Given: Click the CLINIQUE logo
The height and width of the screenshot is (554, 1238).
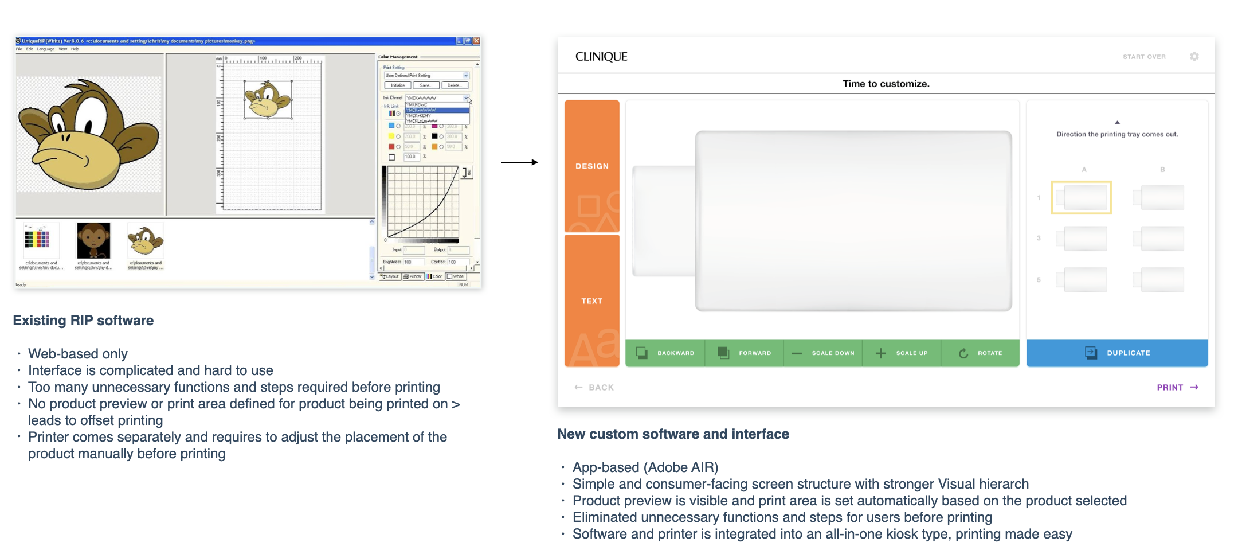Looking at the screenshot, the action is pos(601,57).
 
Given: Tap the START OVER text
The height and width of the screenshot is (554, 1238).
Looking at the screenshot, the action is pos(1144,57).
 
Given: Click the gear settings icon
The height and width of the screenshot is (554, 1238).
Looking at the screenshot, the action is pos(1194,56).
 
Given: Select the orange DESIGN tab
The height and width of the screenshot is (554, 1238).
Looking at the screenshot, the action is pos(592,166).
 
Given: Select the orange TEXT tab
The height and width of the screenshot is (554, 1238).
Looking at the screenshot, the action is pos(592,301).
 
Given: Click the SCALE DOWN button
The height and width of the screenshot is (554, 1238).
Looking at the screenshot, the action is pos(823,353).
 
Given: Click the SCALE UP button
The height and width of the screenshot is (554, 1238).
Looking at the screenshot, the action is pos(902,353).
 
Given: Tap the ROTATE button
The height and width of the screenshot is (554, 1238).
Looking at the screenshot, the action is pos(981,353).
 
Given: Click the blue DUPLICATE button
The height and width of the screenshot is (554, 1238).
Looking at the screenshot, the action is pos(1117,353).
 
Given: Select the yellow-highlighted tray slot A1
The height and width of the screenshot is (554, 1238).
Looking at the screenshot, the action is pos(1081,198).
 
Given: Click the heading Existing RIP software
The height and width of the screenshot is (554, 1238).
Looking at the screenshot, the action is pos(83,321).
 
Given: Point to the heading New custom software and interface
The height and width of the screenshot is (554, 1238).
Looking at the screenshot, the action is pos(673,434).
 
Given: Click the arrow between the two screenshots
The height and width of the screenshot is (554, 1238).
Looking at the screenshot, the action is pos(519,162).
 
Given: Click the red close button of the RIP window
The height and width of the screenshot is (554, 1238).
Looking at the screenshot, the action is pos(476,41).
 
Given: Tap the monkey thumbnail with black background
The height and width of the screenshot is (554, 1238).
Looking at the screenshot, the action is pos(93,241).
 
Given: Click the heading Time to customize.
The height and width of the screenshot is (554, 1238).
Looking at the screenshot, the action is pos(886,84).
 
